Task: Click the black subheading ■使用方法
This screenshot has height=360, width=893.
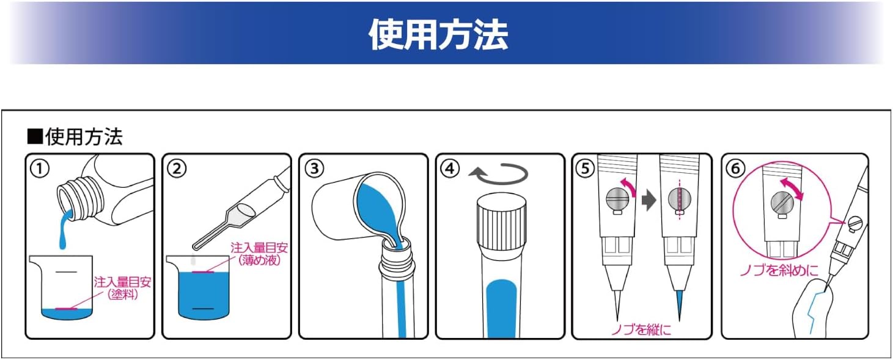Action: click(75, 136)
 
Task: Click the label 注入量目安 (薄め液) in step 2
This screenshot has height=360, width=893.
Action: click(259, 254)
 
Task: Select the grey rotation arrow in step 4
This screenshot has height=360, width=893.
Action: click(498, 175)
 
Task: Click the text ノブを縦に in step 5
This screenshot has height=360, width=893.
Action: click(641, 330)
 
